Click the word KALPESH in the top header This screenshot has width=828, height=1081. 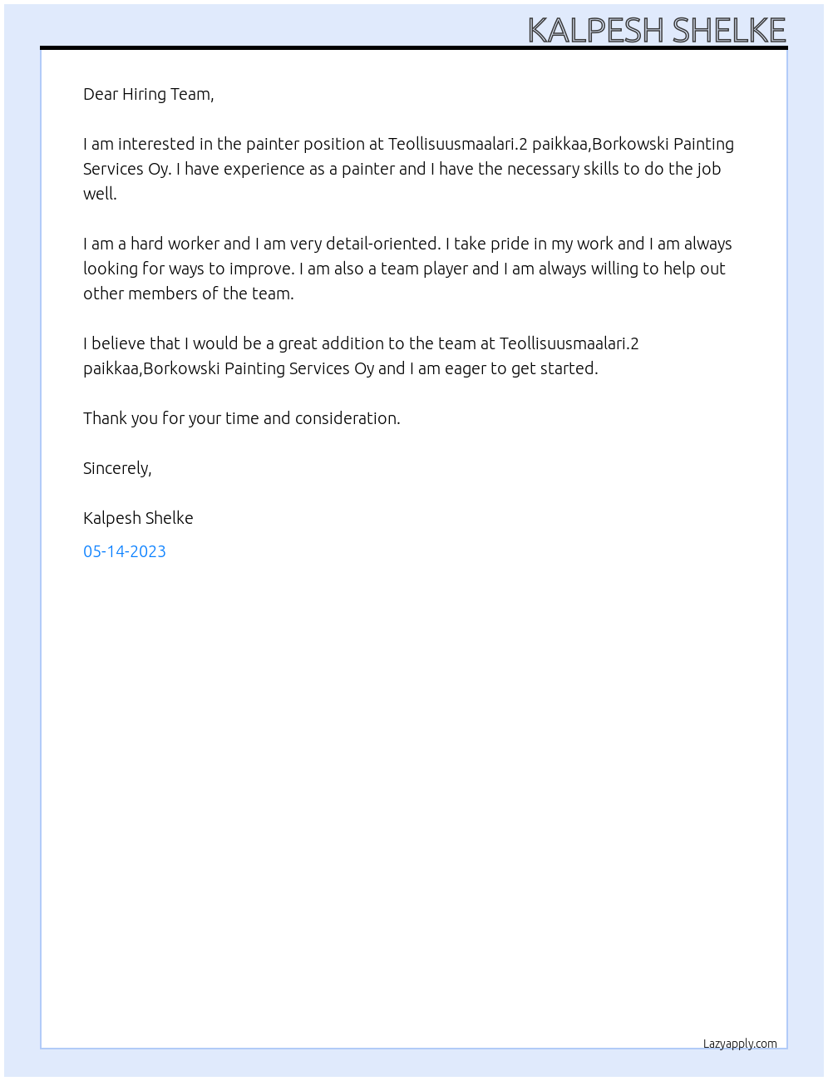[596, 31]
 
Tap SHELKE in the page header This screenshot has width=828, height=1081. [728, 31]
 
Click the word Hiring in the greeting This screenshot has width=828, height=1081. [144, 94]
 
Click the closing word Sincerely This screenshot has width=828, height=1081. [116, 468]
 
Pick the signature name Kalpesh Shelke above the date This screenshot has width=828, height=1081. [138, 518]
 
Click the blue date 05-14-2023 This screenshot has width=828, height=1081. [125, 551]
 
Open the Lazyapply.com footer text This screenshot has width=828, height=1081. [740, 1044]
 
